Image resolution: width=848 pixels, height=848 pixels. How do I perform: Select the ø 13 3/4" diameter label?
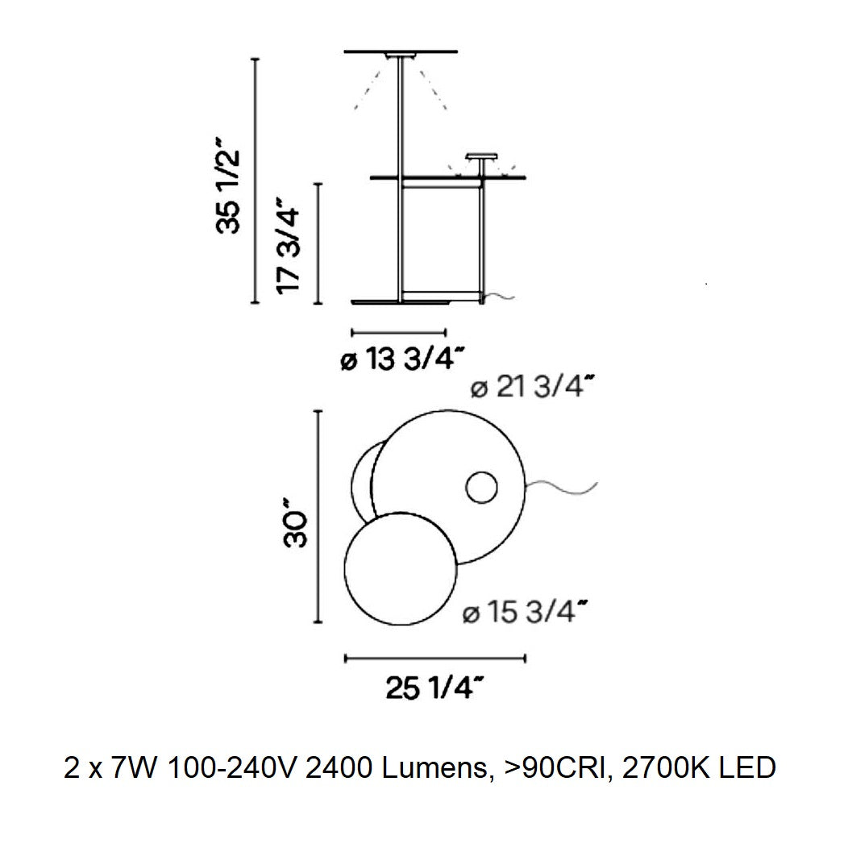coord(404,359)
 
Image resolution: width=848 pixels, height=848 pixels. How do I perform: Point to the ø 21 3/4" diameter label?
coord(534,388)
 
